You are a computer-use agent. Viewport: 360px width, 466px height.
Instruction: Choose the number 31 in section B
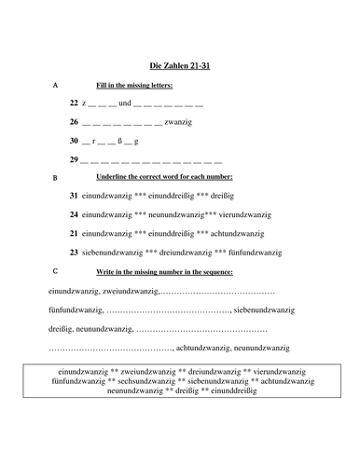(x=74, y=196)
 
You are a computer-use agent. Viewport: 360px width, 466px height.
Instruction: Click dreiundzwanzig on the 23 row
(x=179, y=252)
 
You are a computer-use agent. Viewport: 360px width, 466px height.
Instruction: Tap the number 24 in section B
(x=74, y=214)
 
